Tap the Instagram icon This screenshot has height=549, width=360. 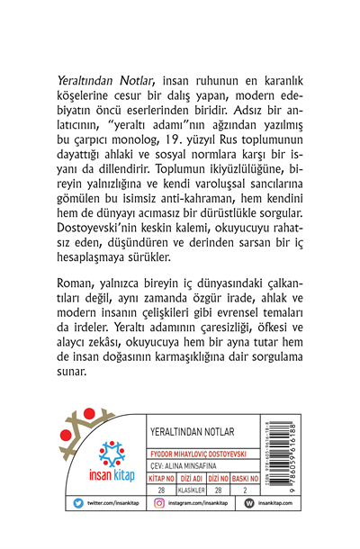click(160, 526)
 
